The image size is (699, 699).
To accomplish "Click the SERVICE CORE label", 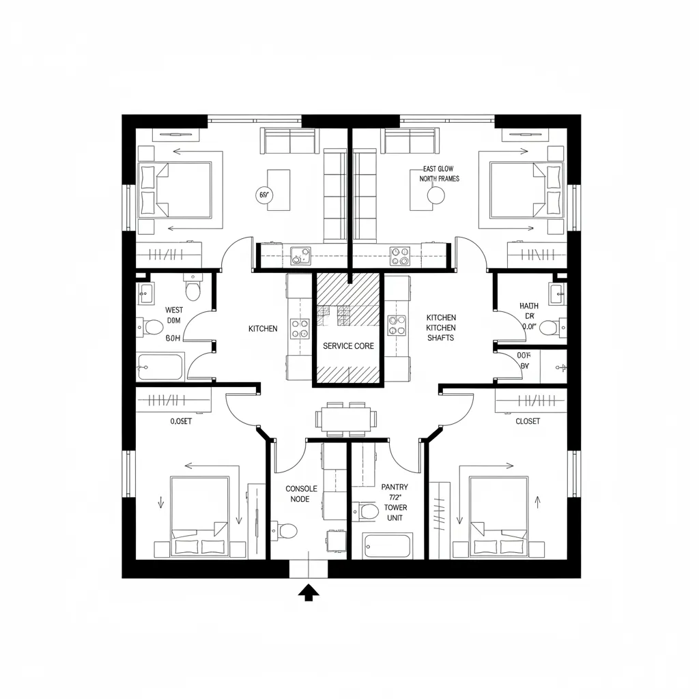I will coord(348,346).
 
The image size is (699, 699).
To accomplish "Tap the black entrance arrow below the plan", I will coord(309,593).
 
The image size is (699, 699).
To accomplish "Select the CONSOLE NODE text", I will coord(301,494).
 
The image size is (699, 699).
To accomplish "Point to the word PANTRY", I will coord(395,487).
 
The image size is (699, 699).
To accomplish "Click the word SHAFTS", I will coord(441,338).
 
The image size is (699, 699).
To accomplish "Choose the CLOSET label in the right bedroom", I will coord(528,421).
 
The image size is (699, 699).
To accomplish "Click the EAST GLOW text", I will coord(438,169).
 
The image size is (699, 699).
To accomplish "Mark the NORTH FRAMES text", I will coord(439,179).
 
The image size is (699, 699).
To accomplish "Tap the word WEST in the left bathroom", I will coord(174,310).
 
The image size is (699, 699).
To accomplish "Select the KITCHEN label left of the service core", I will coord(263,329).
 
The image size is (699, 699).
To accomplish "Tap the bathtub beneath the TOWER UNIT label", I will coord(388,546).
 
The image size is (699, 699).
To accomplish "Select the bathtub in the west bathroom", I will coord(160,367).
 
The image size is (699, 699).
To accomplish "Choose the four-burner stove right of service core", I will coord(397,325).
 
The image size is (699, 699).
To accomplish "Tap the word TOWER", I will coord(395,507).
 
